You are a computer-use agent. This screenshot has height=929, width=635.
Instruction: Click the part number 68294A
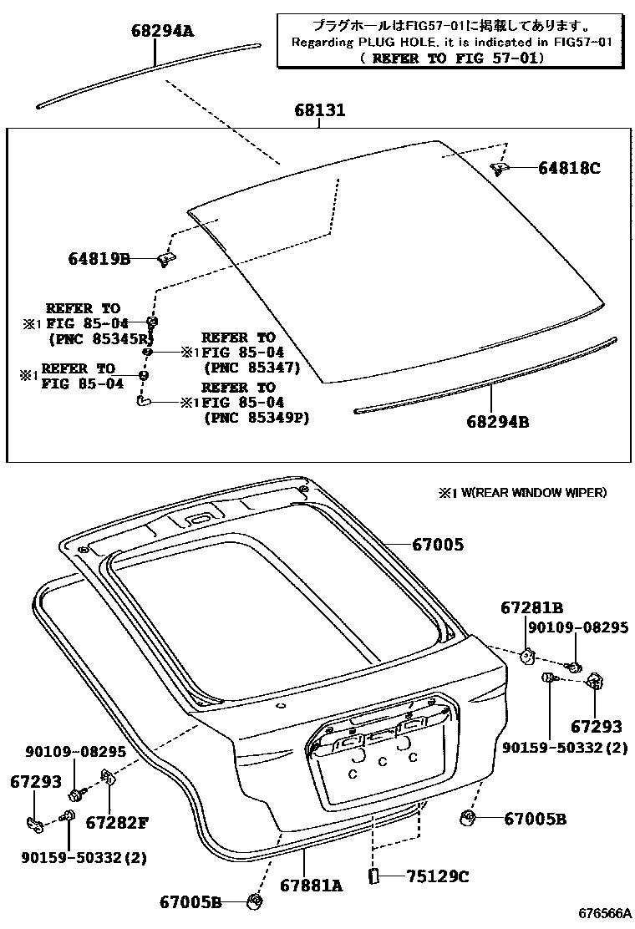pos(162,32)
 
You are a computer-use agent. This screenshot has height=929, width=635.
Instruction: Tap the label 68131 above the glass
pos(319,110)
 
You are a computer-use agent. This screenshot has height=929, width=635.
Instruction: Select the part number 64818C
pos(569,168)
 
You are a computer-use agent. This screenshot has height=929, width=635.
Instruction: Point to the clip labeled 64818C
pos(500,169)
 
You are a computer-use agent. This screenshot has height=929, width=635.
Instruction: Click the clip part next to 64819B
pos(165,260)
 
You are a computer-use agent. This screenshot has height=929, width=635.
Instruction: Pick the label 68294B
pos(497,422)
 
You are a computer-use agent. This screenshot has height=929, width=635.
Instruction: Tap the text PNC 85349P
pos(256,418)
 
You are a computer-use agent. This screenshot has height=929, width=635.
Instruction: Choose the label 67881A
pos(312,886)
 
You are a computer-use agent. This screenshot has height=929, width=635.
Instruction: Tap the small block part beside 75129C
pos(373,876)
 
